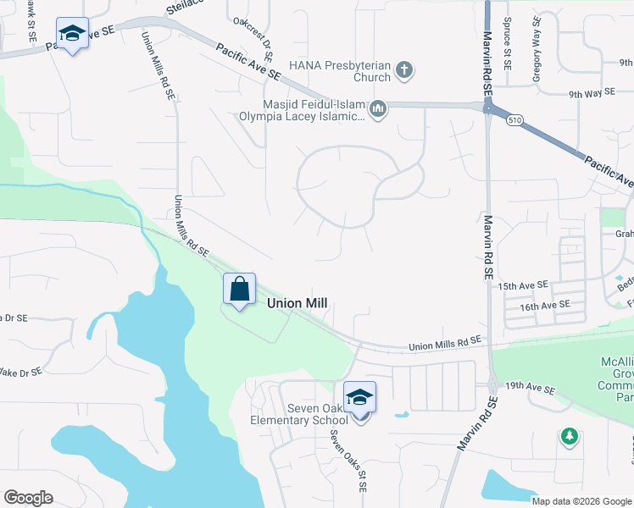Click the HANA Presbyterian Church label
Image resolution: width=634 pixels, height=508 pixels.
point(339,70)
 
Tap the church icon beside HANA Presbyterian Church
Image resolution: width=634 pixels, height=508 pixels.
point(404,69)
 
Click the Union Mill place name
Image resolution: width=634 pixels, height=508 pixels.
point(297,302)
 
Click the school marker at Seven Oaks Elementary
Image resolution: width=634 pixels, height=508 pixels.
point(359,397)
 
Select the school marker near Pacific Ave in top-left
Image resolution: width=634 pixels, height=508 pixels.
point(72,34)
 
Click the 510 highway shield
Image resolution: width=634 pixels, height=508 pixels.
point(514,121)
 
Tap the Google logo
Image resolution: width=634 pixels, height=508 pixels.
point(28,498)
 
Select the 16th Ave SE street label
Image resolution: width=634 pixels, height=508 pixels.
point(542,306)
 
